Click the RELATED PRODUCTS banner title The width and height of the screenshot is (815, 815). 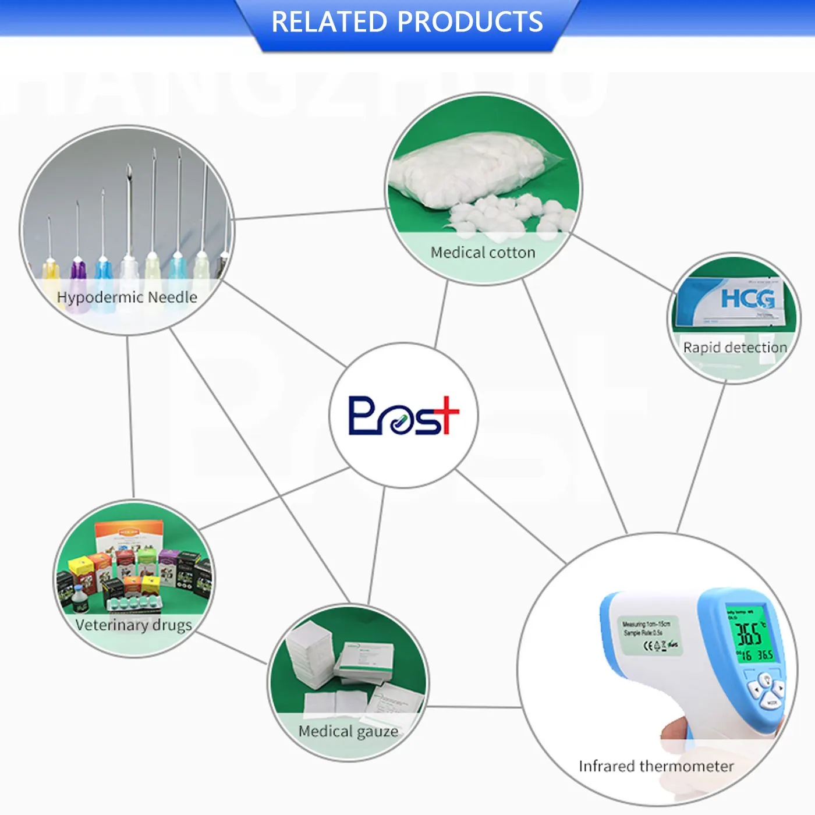tap(407, 22)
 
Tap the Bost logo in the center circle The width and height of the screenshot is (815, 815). tap(403, 415)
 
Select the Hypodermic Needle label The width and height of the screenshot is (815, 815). tap(127, 297)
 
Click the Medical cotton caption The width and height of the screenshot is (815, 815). tap(483, 253)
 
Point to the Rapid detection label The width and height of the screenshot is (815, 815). tap(735, 348)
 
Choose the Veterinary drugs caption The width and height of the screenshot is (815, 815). tap(133, 625)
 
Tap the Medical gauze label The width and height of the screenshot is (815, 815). tap(348, 731)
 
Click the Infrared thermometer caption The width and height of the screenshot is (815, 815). tap(656, 766)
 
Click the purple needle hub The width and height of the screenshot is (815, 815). tap(77, 270)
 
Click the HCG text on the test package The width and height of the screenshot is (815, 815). tap(747, 298)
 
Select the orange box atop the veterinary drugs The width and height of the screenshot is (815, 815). tap(129, 536)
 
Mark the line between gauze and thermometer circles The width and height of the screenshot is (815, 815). tap(474, 707)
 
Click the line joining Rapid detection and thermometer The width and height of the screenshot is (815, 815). tap(702, 457)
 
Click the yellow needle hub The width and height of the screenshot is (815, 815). tap(51, 270)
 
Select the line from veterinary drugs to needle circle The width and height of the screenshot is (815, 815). tap(130, 416)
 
